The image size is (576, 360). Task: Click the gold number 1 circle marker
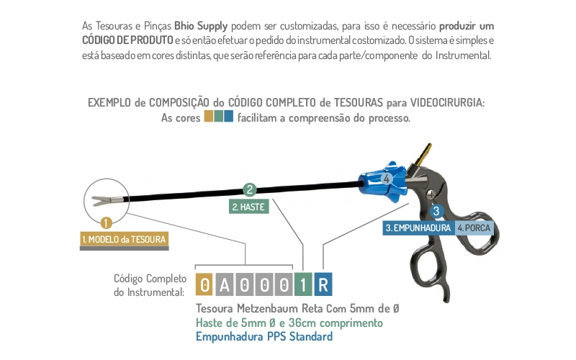(x=107, y=224)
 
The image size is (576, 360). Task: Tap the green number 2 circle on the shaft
(x=250, y=191)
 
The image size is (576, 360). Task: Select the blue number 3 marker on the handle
(x=436, y=212)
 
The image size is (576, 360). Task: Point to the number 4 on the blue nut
(x=386, y=178)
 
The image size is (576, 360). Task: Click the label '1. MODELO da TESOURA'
(x=125, y=239)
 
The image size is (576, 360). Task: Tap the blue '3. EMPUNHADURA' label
(x=418, y=228)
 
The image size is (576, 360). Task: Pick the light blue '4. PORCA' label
(x=473, y=228)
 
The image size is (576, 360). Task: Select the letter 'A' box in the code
(x=225, y=286)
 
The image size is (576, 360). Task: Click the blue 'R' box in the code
(x=323, y=286)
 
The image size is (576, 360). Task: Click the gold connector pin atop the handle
(x=426, y=153)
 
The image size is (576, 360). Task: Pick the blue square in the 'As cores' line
(x=229, y=117)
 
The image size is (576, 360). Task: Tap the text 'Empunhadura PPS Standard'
(x=264, y=336)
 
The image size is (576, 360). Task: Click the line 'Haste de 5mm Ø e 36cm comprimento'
(x=289, y=323)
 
